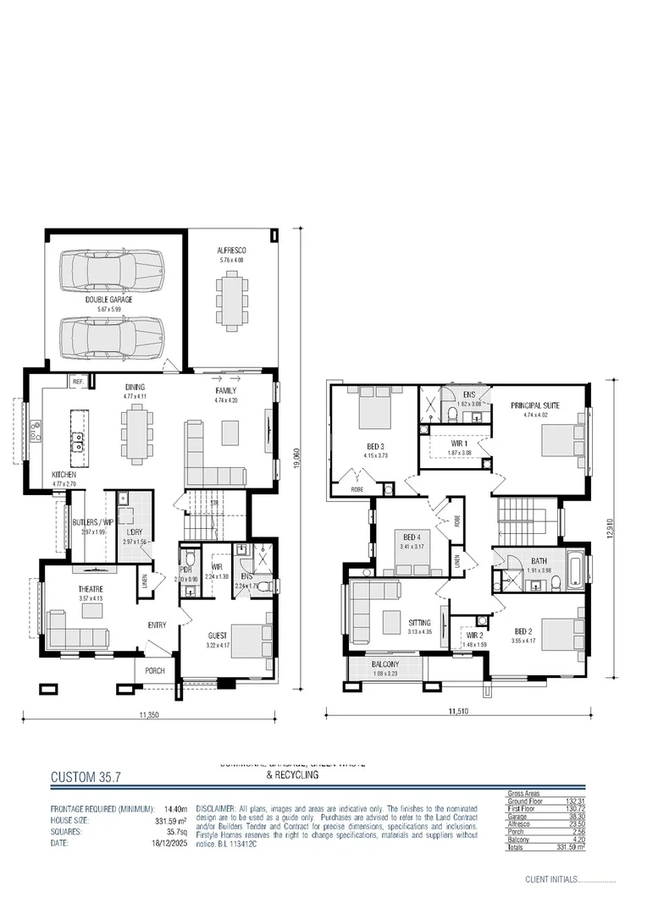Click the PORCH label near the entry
pyautogui.click(x=154, y=671)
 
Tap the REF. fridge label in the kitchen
pyautogui.click(x=77, y=382)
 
